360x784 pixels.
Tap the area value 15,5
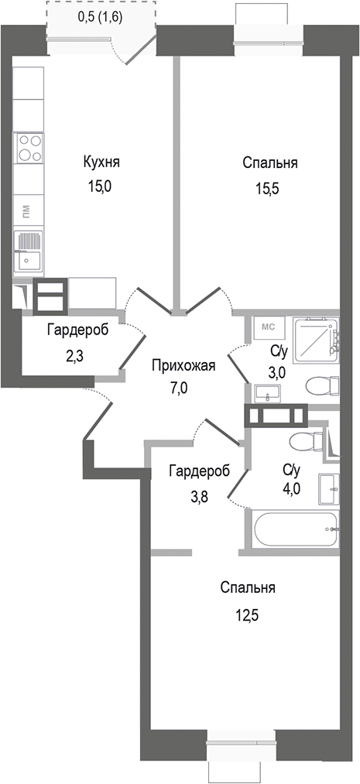click(269, 187)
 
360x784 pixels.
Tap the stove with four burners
click(29, 148)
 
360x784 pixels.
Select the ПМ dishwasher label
click(26, 210)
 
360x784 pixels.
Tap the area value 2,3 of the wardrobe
click(77, 358)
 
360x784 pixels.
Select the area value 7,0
click(178, 389)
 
